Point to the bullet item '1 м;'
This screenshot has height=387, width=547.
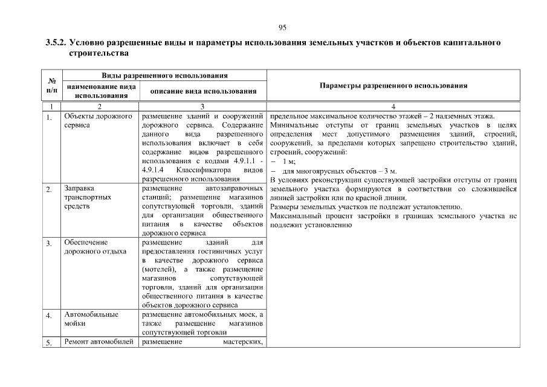pos(288,162)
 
